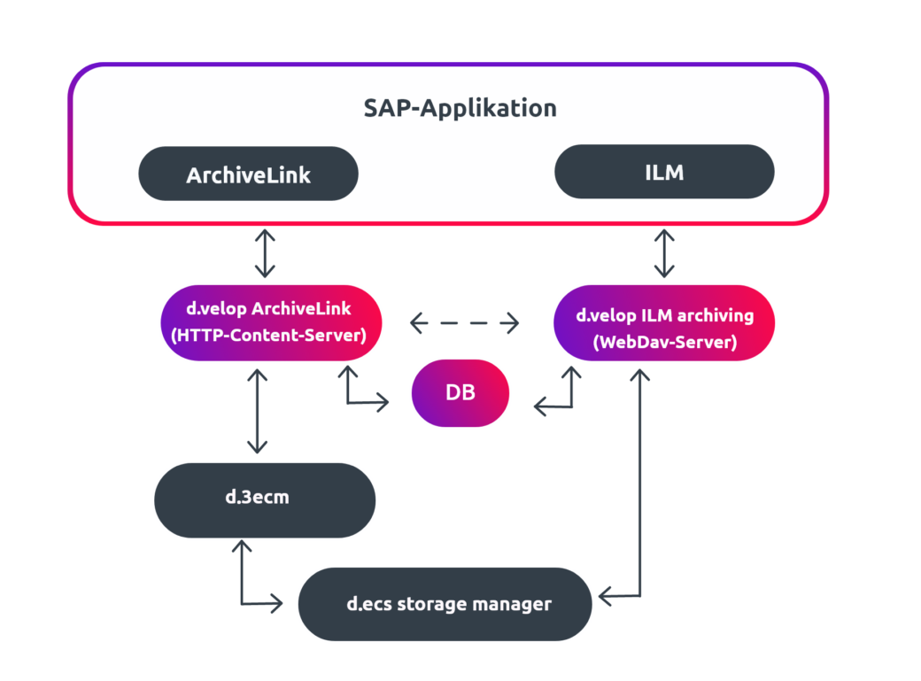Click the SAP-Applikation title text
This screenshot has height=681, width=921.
tap(460, 108)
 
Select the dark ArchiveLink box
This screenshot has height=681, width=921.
tap(248, 174)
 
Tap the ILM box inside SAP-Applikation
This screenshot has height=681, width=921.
tap(664, 172)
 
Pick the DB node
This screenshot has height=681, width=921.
tap(460, 392)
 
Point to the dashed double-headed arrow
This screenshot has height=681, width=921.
tap(464, 323)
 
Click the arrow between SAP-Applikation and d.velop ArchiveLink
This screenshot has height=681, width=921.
tap(264, 255)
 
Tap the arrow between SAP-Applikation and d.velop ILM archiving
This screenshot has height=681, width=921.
tap(664, 255)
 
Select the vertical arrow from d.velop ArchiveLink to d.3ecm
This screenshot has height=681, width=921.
tap(257, 412)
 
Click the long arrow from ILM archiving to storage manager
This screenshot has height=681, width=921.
tap(639, 496)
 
